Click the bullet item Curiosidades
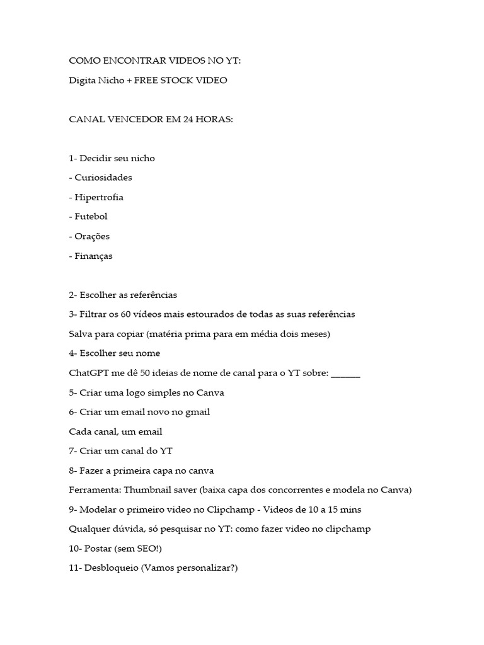103,178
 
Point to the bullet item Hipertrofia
99,197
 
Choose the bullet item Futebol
91,217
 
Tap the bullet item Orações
92,236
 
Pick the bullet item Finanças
93,256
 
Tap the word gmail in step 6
197,412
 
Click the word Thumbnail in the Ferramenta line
149,489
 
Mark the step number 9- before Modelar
73,509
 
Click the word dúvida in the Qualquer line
129,528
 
